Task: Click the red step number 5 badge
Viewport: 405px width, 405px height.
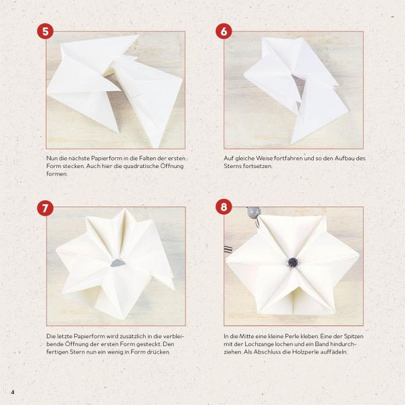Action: coord(45,32)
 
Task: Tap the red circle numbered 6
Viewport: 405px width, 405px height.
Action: coord(223,32)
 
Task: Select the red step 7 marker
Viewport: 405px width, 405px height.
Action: coord(45,208)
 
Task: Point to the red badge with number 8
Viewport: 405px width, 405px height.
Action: coord(223,207)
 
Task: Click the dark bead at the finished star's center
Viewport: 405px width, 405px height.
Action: coord(293,262)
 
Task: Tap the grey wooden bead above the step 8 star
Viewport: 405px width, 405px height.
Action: coord(254,212)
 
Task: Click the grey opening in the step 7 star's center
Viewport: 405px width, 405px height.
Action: coord(118,263)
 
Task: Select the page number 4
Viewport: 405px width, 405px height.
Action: coord(13,392)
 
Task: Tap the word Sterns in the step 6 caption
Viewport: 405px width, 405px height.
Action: coord(232,166)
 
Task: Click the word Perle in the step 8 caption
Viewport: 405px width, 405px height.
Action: coord(292,336)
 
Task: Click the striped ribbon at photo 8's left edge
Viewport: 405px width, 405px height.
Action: coord(228,249)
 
